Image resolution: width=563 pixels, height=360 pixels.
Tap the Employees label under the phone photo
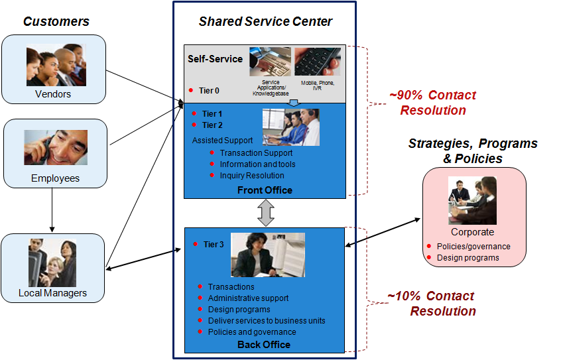[55, 178]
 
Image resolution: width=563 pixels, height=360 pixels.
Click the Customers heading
[56, 22]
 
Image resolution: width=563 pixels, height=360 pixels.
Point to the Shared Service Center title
[265, 22]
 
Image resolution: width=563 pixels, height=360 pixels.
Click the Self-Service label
[215, 59]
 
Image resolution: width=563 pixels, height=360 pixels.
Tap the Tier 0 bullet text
[209, 91]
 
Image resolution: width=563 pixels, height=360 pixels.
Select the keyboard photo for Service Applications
[270, 62]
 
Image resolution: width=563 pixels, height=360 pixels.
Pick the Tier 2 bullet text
[212, 125]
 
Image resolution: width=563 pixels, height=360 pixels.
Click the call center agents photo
[290, 127]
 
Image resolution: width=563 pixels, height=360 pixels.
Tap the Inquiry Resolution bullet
[251, 176]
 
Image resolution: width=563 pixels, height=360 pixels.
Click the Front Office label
[265, 190]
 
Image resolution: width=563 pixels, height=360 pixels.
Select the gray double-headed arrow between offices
[265, 213]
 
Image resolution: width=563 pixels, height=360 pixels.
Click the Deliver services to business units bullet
[266, 321]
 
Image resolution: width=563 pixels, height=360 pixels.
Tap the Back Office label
[264, 344]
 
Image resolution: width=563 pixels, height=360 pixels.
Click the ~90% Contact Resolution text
[432, 103]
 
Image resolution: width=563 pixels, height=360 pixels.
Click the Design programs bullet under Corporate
[468, 257]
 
